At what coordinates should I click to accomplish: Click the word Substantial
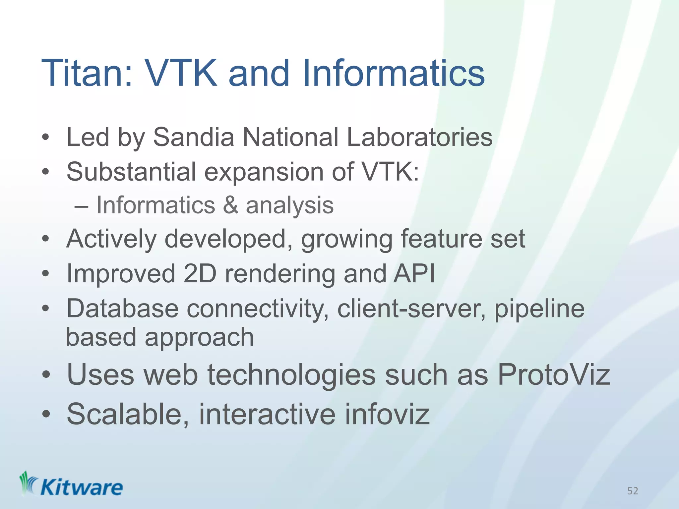tap(131, 172)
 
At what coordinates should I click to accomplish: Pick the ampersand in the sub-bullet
tap(230, 205)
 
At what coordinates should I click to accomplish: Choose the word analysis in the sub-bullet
tap(289, 206)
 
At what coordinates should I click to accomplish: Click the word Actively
tap(111, 239)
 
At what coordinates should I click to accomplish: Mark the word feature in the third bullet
tap(441, 239)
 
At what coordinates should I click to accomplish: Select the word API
tap(414, 274)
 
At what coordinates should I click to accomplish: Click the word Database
tap(122, 309)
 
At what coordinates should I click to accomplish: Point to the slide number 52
tap(633, 491)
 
